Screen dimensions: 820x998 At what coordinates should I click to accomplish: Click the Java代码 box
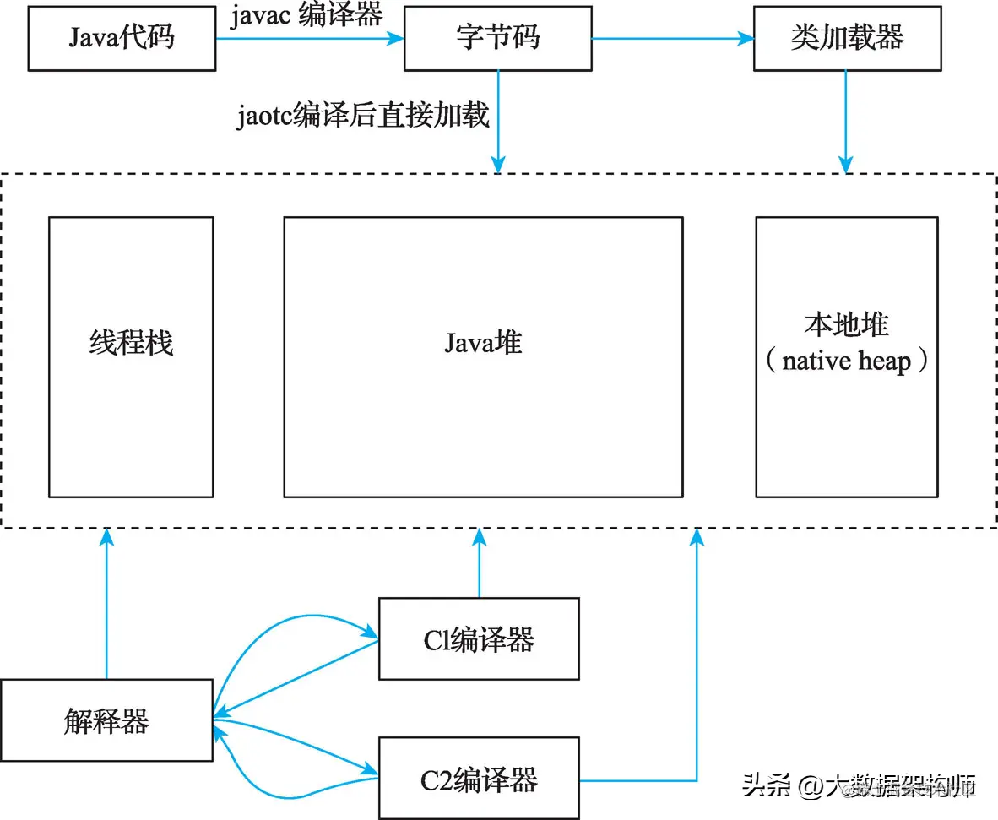tap(122, 39)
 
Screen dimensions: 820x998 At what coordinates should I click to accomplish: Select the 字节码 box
tap(497, 39)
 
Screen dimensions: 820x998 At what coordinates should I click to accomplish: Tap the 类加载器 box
tap(847, 39)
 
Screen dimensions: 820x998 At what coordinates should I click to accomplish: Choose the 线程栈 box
tap(131, 356)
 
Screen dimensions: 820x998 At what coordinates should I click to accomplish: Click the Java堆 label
tap(483, 342)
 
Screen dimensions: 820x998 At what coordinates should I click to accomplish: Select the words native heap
tap(846, 361)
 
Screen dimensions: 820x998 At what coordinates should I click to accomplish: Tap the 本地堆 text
tap(846, 325)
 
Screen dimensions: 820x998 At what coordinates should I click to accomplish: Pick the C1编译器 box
tap(479, 638)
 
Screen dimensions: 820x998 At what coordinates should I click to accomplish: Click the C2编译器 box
tap(479, 779)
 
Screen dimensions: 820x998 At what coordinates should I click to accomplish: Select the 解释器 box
tap(106, 720)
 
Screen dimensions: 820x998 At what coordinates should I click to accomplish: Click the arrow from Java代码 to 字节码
tap(309, 38)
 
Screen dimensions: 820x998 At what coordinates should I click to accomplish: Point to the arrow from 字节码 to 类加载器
tap(672, 38)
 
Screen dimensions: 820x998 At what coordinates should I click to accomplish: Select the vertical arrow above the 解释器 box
tap(106, 604)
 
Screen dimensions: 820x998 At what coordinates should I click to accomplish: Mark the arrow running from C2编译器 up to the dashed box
tap(697, 659)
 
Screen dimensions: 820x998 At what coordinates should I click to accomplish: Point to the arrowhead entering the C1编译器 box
tap(372, 633)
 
